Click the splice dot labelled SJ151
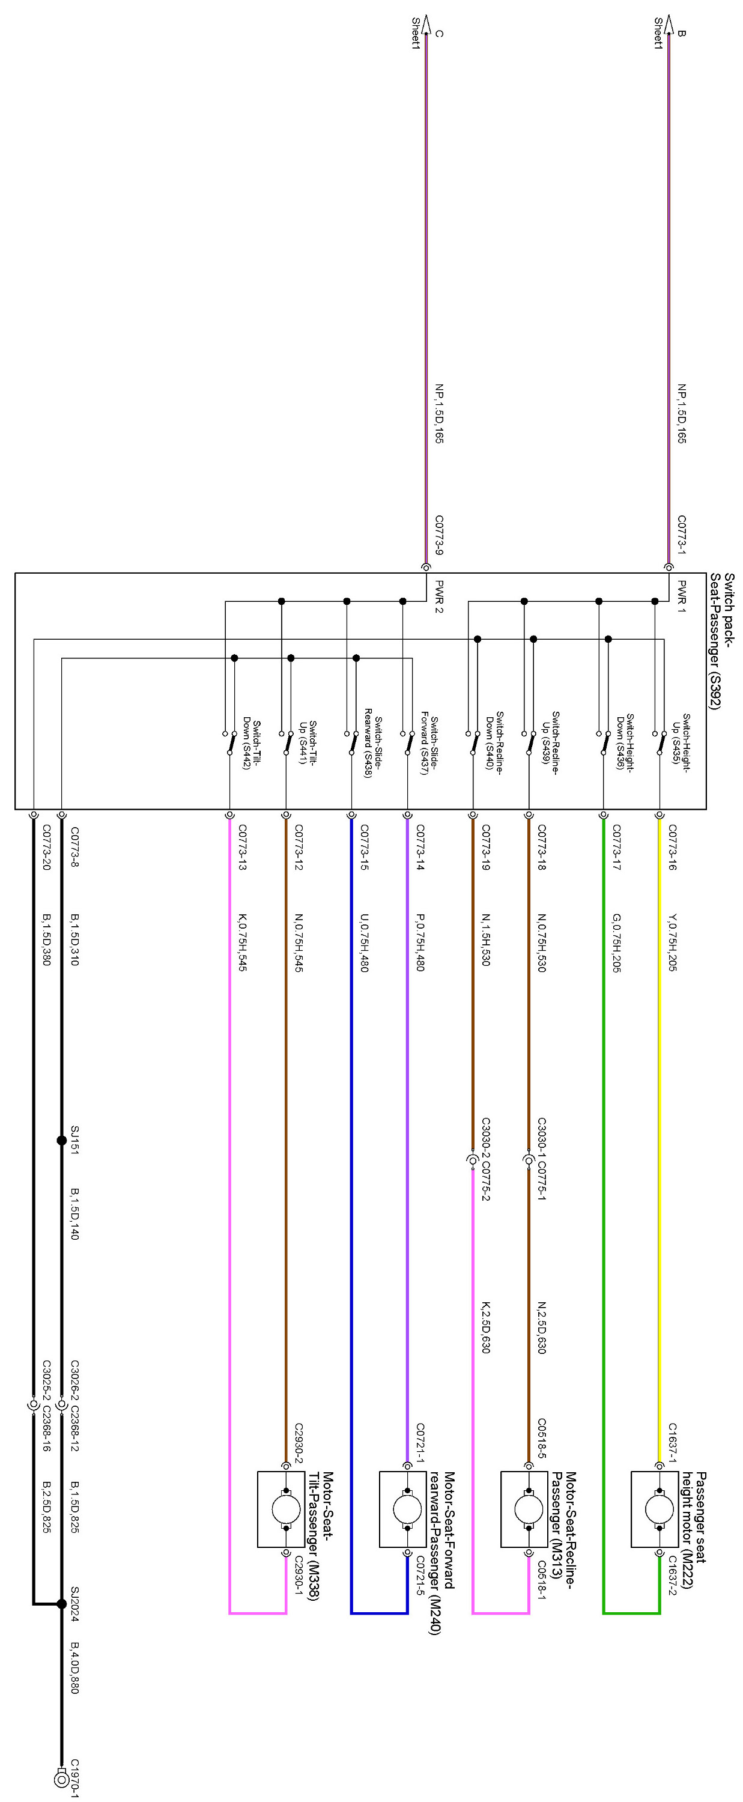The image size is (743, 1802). click(62, 1140)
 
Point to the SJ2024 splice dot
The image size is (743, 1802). click(62, 1604)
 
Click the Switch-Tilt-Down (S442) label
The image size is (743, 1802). click(252, 743)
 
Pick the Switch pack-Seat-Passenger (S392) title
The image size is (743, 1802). click(721, 641)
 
